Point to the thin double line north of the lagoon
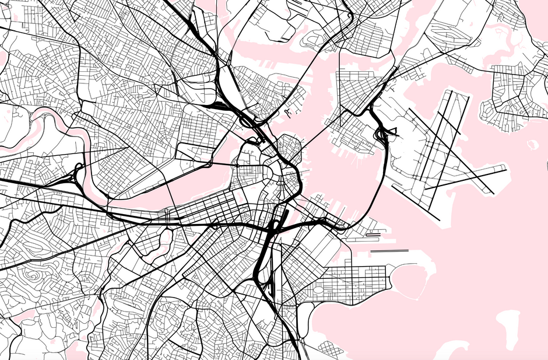[x=390, y=251]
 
